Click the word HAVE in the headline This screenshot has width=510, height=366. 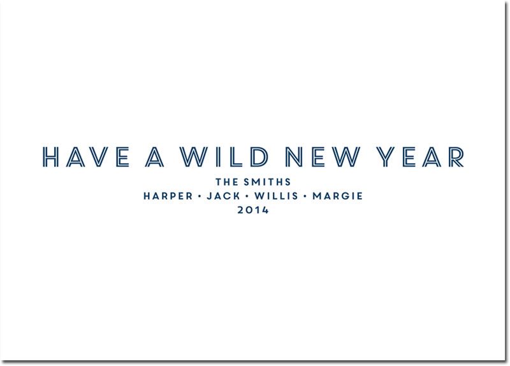pos(86,157)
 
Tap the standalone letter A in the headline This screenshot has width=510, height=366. pos(154,157)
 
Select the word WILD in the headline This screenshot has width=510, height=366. pos(224,157)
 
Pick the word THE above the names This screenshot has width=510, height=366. pos(228,182)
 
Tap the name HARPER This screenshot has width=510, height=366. pos(168,196)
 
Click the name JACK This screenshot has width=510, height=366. pos(224,196)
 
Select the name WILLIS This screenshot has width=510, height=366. pos(276,196)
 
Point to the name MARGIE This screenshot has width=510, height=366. pos(338,196)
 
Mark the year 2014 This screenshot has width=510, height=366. pos(253,210)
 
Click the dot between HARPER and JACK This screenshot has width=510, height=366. pos(200,196)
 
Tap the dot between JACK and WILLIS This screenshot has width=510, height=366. pos(247,196)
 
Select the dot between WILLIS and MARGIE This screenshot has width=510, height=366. pos(305,196)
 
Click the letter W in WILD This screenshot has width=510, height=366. pos(194,157)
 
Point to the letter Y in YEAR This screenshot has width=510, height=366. pos(386,157)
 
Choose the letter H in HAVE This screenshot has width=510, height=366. pos(50,157)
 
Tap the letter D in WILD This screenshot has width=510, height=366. pos(259,157)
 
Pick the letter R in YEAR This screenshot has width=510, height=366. pos(456,157)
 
